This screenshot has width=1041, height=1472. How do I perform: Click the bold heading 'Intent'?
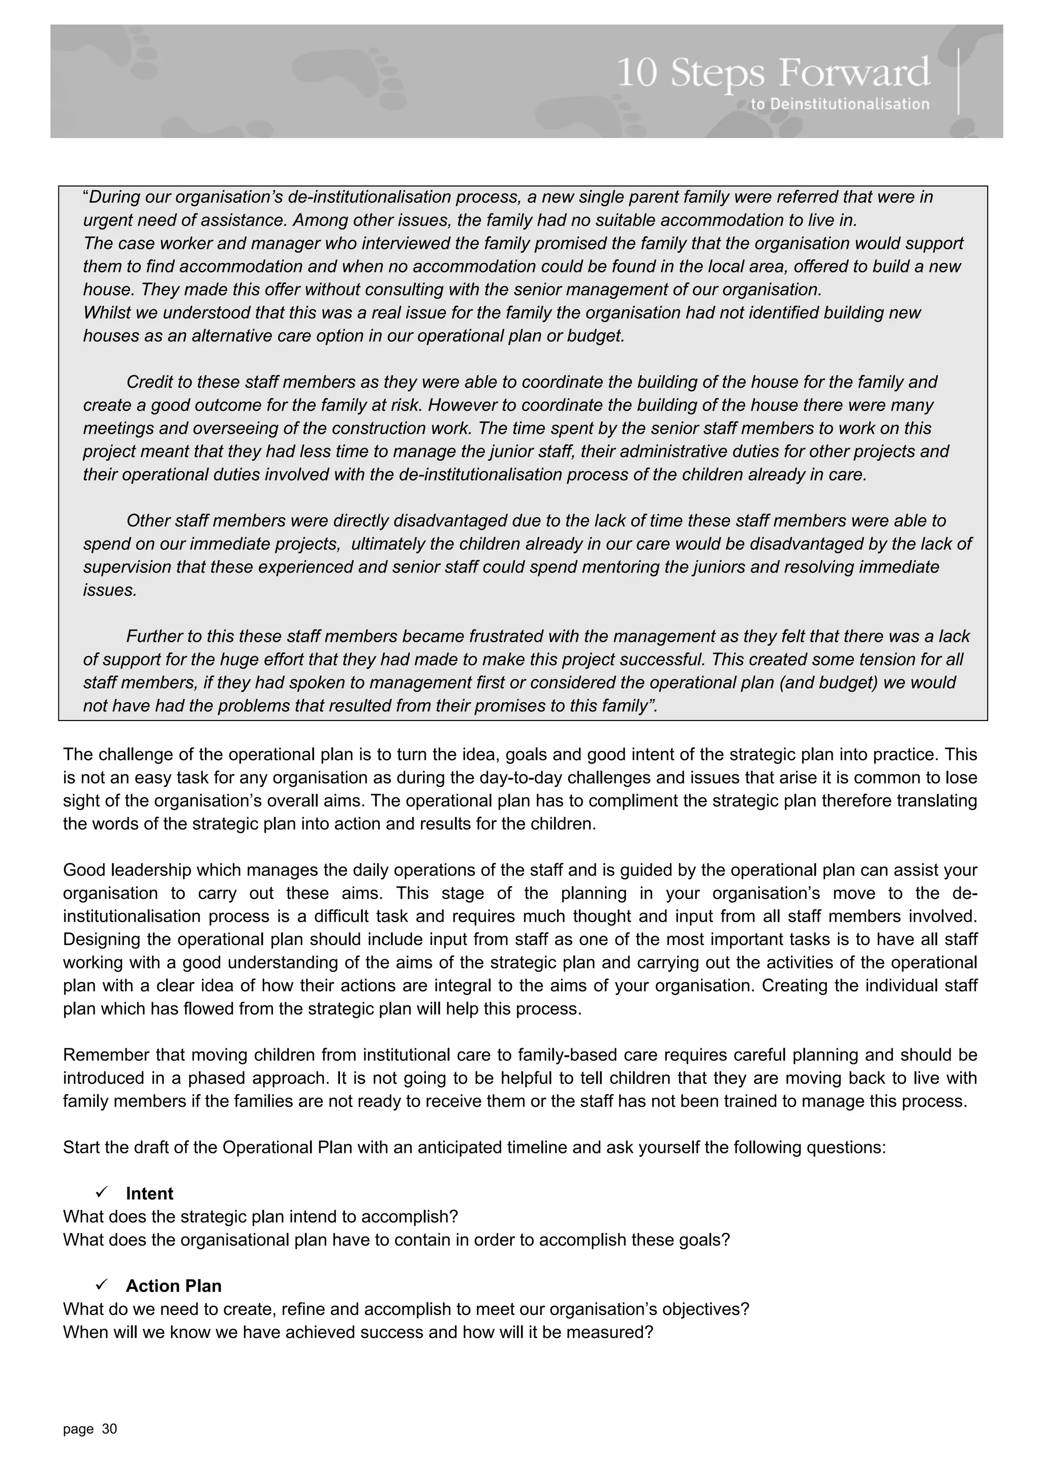[149, 1193]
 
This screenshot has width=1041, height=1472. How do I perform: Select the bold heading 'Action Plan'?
[173, 1286]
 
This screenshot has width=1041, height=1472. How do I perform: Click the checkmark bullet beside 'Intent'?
[101, 1193]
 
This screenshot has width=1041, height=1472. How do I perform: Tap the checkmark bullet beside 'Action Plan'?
[101, 1285]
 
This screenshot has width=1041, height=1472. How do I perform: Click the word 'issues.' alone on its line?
[110, 590]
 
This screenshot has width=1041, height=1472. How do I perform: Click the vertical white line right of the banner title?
[959, 81]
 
